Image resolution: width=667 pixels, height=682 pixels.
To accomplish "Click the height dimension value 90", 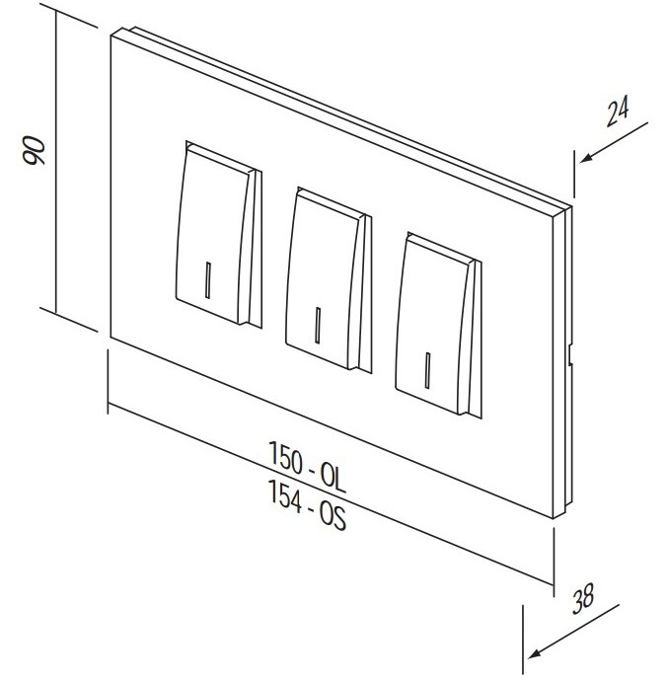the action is click(x=34, y=150).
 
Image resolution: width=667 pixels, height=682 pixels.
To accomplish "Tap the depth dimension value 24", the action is click(x=618, y=113).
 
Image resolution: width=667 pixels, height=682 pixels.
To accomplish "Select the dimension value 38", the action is click(x=583, y=598).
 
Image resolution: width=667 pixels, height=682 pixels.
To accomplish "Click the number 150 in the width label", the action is click(x=286, y=458).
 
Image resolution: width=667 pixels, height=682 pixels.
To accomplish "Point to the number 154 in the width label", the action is click(x=285, y=495).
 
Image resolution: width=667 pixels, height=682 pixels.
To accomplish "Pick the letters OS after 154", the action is click(x=333, y=516).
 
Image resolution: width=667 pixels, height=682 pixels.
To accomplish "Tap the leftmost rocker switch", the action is click(x=219, y=235).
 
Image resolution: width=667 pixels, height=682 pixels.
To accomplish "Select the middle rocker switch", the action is click(x=329, y=280).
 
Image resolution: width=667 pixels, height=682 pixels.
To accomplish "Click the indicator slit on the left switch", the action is click(x=208, y=280).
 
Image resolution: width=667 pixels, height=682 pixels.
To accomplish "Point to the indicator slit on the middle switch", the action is click(x=318, y=326).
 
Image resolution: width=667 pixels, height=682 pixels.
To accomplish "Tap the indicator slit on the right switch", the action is click(x=428, y=370).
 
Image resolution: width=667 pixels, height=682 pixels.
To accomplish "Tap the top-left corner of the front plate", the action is click(x=111, y=36).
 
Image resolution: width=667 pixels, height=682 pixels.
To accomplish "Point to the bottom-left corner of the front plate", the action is click(x=111, y=338).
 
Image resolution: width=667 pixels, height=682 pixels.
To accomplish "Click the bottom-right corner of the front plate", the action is click(x=554, y=518).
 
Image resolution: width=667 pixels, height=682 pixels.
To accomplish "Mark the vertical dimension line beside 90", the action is click(x=56, y=161).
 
